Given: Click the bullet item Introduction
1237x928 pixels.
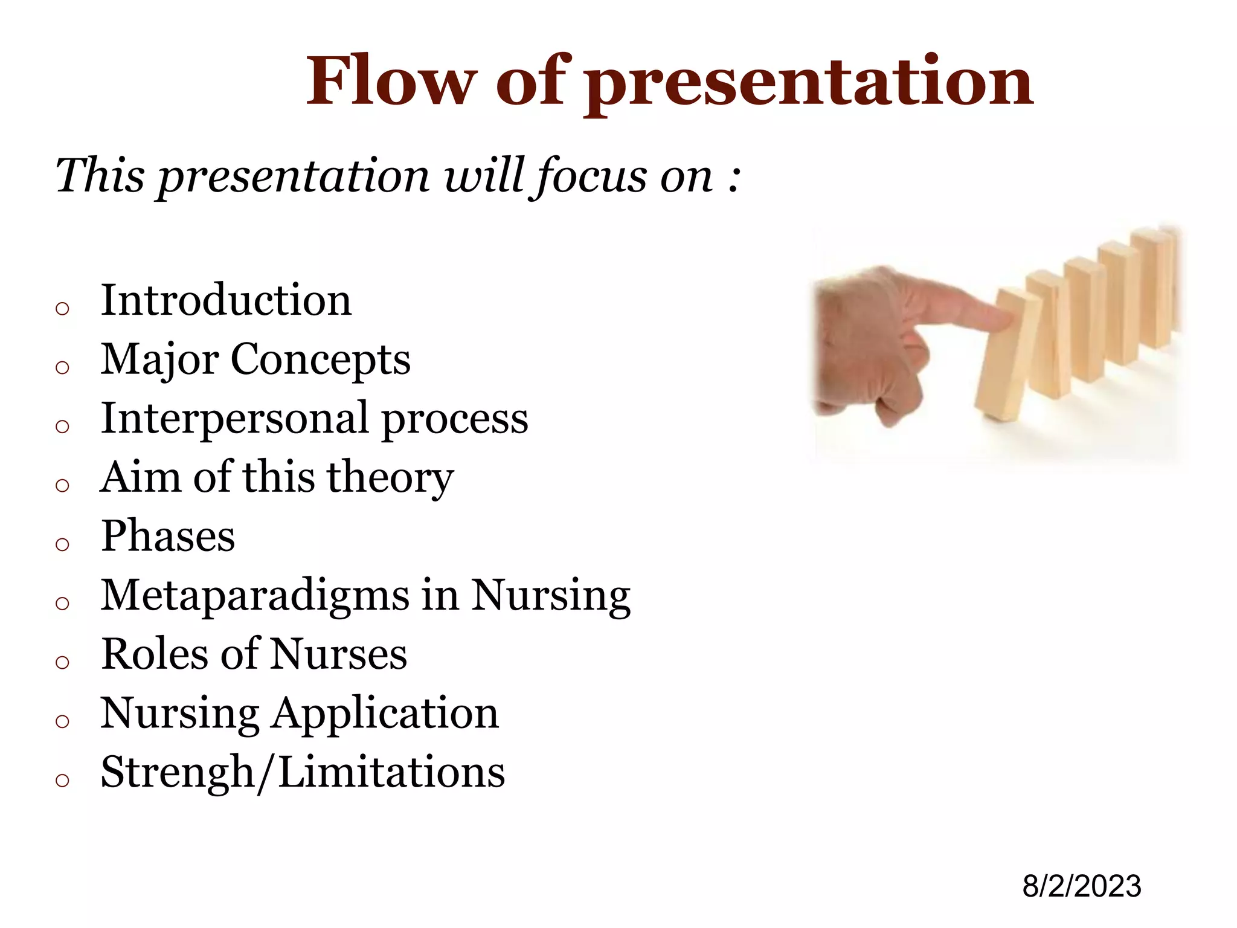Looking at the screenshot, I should coord(226,300).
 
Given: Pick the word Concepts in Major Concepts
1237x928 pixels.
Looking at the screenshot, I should coord(320,360).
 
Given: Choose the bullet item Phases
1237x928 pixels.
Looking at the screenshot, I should coord(168,536).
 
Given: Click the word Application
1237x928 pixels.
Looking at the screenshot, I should coord(385,714).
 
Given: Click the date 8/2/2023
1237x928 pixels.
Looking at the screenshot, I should coord(1081,886).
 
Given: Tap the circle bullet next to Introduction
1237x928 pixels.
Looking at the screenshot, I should coord(62,309).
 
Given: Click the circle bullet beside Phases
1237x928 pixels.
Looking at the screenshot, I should coord(62,544).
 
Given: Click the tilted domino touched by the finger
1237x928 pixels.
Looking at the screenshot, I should coord(1006,356).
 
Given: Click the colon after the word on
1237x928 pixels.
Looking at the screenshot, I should coord(733,178).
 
